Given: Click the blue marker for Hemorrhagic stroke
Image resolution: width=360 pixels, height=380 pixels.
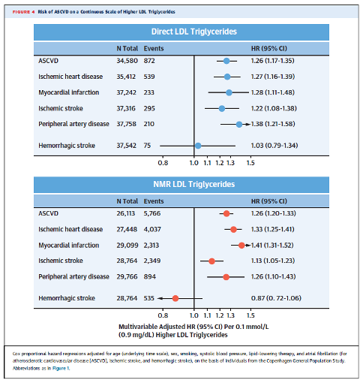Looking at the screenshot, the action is (x=198, y=146).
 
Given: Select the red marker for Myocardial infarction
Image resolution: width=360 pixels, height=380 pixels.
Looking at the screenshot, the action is (x=241, y=246).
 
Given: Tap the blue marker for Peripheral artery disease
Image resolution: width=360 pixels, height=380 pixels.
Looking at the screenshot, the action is (x=239, y=125).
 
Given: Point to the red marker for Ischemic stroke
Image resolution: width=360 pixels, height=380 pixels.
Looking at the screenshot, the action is (x=211, y=261).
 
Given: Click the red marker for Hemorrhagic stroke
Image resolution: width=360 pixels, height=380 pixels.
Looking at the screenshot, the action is (x=175, y=298).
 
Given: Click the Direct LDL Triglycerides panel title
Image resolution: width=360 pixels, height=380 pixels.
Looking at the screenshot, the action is (x=194, y=32).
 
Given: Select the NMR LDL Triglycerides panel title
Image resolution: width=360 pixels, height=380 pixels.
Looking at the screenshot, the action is (x=194, y=184).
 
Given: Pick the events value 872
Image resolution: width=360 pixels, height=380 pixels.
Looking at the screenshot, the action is (x=149, y=61).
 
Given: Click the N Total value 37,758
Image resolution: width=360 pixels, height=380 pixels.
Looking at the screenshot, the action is (x=126, y=124).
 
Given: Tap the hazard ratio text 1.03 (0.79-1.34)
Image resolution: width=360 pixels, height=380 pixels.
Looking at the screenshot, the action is (x=274, y=146).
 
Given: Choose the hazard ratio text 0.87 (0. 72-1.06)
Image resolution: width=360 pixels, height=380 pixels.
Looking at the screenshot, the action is (x=276, y=298).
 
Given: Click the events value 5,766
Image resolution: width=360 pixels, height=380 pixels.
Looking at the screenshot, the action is (x=152, y=213).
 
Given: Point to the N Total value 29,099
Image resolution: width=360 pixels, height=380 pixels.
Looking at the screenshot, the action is (x=127, y=245).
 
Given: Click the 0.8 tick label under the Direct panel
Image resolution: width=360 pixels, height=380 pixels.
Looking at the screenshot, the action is (x=163, y=163).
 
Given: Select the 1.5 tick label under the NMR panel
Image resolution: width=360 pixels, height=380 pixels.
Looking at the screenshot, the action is (x=250, y=315).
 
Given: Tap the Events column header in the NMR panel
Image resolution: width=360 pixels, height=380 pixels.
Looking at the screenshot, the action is (x=154, y=201).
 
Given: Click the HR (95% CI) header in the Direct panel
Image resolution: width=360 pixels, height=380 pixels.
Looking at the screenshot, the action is (x=269, y=49).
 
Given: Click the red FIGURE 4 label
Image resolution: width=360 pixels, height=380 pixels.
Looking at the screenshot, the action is (x=23, y=12).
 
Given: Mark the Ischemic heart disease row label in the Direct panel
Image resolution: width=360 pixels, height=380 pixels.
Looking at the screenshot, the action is (x=70, y=77).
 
